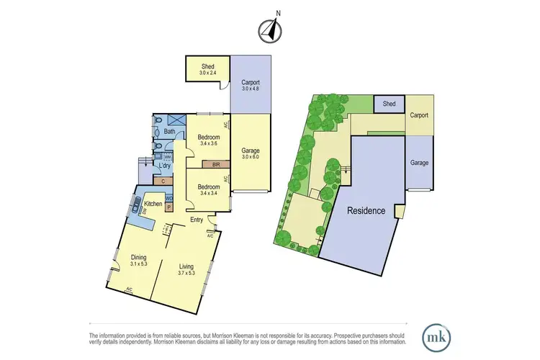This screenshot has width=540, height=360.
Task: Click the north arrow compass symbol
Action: (x=270, y=30)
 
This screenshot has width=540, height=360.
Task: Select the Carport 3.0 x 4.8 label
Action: (x=251, y=85)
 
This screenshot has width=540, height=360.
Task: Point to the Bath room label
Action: (x=170, y=132)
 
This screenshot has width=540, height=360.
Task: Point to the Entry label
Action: (x=197, y=220)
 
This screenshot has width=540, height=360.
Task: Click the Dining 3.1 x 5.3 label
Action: (x=139, y=260)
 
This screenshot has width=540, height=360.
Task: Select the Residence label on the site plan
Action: (x=366, y=211)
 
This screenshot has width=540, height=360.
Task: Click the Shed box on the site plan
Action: (x=389, y=104)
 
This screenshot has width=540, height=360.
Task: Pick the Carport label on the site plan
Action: (x=419, y=115)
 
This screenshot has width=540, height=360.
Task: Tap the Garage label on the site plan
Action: (x=419, y=163)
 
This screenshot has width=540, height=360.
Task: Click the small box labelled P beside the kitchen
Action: (x=169, y=207)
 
